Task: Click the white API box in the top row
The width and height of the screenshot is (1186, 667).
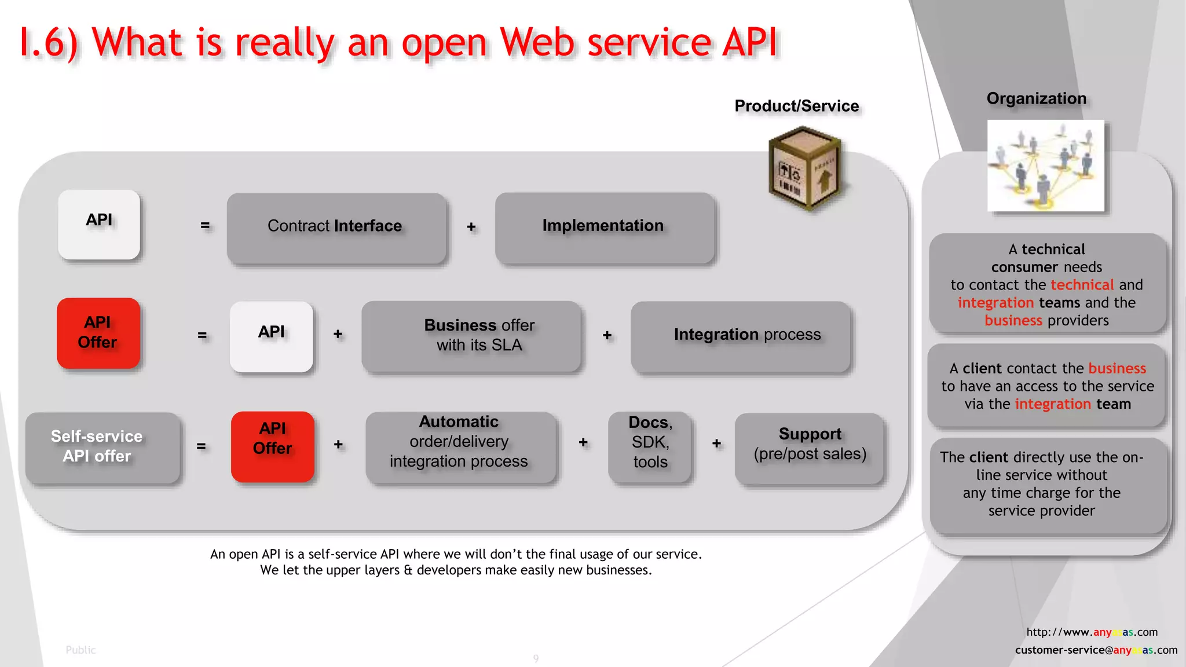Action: coord(99,224)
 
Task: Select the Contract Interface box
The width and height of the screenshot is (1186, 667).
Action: coord(336,228)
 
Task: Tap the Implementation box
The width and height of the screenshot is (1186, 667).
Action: coord(604,228)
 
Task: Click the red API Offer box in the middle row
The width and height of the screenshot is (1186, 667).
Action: coord(98,333)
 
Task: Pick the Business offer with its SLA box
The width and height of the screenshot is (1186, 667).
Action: coord(471,336)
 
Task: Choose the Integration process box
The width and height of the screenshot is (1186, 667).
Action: coord(741,336)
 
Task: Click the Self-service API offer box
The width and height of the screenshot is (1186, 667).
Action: coord(102,447)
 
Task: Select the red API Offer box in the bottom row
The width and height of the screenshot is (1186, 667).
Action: coord(273,446)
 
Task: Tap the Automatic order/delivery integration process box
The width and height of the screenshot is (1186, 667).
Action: coord(460,446)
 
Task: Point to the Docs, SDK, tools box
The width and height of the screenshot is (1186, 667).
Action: coord(650,446)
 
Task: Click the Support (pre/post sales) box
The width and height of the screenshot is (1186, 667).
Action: coord(810,448)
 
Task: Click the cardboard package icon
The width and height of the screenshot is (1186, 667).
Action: coord(804,170)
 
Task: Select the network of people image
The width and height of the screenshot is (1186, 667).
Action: coord(1045,166)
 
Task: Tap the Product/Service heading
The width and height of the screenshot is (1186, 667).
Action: coord(796,106)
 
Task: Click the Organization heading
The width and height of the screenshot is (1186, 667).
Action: coord(1036,98)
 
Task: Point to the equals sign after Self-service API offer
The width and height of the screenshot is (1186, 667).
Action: coord(202,446)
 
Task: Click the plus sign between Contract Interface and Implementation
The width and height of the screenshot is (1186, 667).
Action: coord(471,227)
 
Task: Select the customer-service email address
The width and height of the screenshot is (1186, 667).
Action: coord(1096,650)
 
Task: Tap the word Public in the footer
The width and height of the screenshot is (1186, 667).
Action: coord(80,650)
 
